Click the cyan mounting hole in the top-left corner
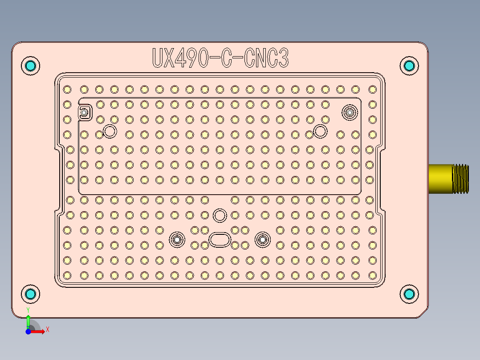point(31,66)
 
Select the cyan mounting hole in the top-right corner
point(409,66)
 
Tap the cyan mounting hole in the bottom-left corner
point(31,294)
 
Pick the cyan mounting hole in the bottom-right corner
point(409,294)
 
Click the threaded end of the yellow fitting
point(460,179)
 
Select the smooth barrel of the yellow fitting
point(440,179)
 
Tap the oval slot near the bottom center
point(220,239)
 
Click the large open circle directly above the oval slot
point(220,216)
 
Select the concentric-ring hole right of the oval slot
point(262,240)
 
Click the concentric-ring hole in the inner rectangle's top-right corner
point(350,112)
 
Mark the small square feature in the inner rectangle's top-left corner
point(84,112)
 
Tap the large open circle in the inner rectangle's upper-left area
point(110,131)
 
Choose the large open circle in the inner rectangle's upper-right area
point(320,131)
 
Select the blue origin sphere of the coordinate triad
point(28,332)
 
